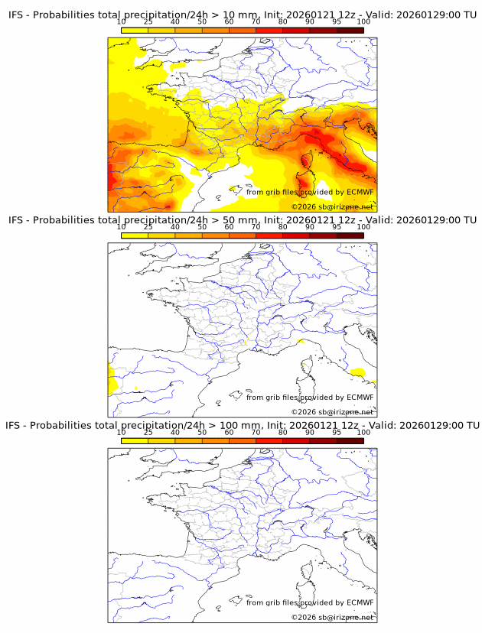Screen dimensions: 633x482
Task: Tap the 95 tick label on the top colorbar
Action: [x=337, y=22]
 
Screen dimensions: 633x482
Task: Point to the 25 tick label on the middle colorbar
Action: [x=148, y=227]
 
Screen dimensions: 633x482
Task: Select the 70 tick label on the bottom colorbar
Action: [x=256, y=432]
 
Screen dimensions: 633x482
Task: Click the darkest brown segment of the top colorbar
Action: [x=350, y=30]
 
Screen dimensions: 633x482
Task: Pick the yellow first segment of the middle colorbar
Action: [x=135, y=235]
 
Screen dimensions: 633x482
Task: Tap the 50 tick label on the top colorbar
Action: [x=202, y=22]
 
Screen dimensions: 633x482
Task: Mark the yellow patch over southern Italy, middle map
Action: [x=357, y=372]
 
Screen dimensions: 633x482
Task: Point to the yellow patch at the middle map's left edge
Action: [x=112, y=378]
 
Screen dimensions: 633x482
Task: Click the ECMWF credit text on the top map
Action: [x=310, y=193]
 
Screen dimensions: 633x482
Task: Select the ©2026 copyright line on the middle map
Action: [x=332, y=412]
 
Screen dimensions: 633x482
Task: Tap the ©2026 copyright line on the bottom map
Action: [x=332, y=617]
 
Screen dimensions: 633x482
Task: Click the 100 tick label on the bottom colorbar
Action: [x=363, y=432]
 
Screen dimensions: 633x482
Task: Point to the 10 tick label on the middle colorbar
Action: [x=122, y=227]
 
